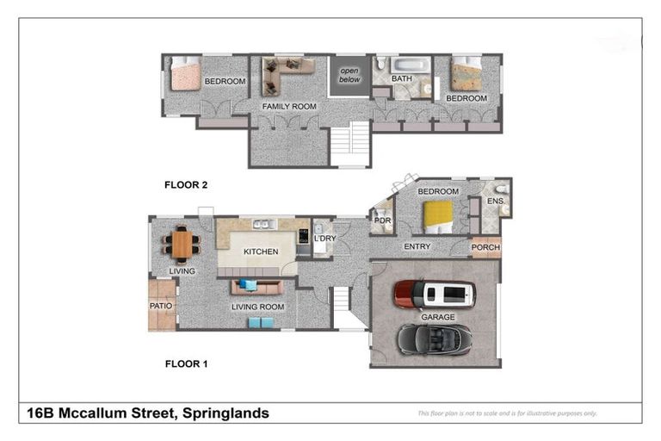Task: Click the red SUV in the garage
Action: coord(435,295)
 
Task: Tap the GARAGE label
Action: coord(437,317)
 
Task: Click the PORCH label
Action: coord(485,247)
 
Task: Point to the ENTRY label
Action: coord(417,247)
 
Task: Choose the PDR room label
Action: coord(382,220)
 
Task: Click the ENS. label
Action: coord(495,202)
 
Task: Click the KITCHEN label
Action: coord(260,252)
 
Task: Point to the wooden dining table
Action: coord(182,244)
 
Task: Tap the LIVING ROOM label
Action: coord(257,307)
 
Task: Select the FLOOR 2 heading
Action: coord(186,184)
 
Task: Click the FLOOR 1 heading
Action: coord(186,364)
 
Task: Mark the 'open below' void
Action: coord(349,75)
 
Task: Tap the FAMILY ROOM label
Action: coord(289,107)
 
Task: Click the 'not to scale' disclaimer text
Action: coord(506,413)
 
